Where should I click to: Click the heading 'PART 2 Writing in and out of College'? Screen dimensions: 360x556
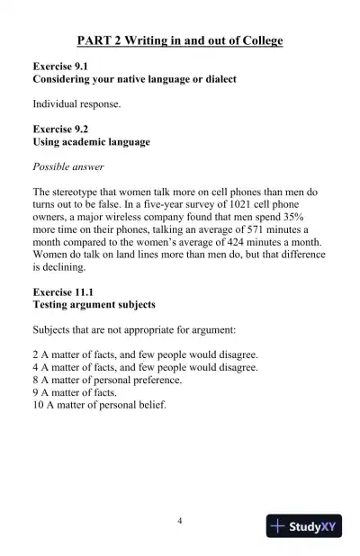180,41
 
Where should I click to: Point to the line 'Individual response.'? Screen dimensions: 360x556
77,104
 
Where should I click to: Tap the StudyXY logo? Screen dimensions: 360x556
304,527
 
